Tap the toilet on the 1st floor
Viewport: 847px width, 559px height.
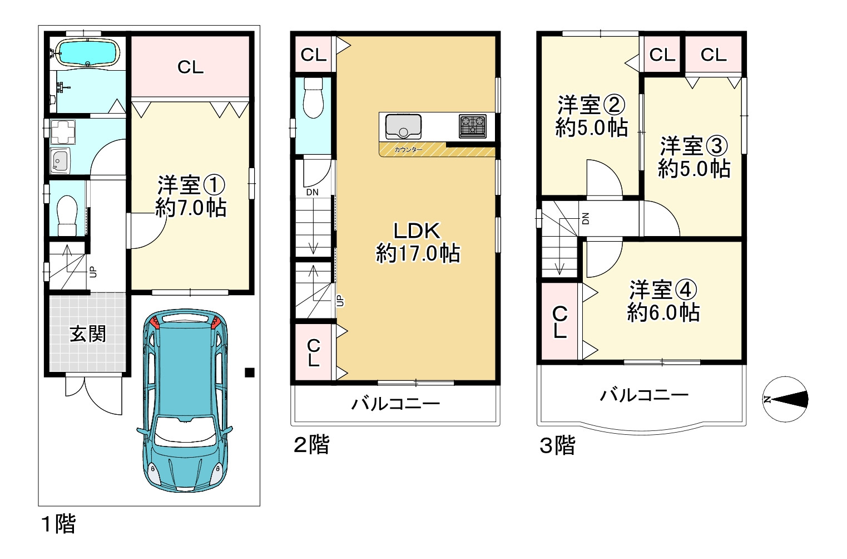[x=67, y=215]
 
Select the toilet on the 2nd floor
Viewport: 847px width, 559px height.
[x=314, y=97]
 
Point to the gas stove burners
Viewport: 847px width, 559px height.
[x=472, y=126]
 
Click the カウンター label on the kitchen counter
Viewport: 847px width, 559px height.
[x=408, y=150]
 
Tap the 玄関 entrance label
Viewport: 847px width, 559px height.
[x=87, y=334]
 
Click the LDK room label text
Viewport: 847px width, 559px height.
[x=417, y=231]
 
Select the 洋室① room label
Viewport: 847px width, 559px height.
[x=191, y=185]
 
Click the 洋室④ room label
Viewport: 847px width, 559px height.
[x=663, y=290]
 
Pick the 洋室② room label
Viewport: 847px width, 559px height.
[x=591, y=105]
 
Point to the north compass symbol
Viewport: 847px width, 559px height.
[x=785, y=399]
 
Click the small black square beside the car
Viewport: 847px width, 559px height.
[x=250, y=372]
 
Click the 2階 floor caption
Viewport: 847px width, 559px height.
[x=311, y=445]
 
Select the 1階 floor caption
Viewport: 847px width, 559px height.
[x=58, y=524]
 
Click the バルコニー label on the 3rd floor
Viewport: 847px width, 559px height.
[x=644, y=395]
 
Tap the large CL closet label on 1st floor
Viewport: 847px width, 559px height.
[x=190, y=67]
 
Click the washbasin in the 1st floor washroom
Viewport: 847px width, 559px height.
[x=59, y=161]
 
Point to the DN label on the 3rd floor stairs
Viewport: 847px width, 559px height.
[x=585, y=218]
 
